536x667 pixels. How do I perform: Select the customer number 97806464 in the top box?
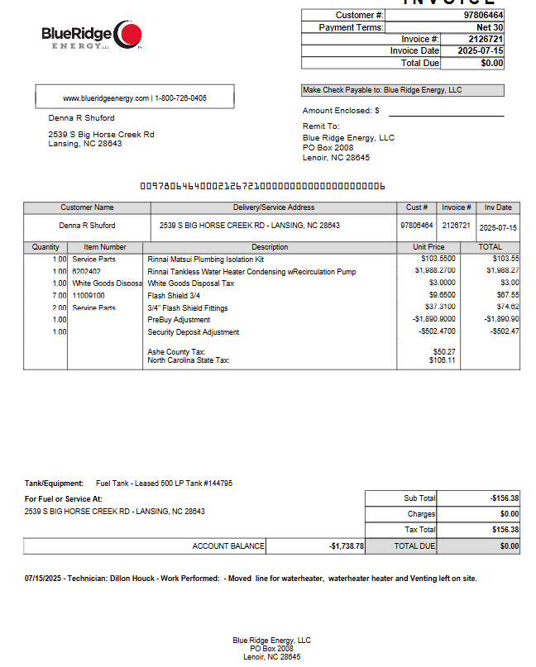point(483,15)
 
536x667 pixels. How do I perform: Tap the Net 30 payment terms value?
point(489,27)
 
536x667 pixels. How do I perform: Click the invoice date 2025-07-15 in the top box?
point(481,51)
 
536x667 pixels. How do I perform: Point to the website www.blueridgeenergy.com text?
point(106,98)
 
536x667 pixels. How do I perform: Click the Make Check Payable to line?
point(382,90)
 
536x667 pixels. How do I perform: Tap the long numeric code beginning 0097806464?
point(262,186)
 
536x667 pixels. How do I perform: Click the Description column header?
point(270,247)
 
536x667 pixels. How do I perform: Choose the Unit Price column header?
point(428,247)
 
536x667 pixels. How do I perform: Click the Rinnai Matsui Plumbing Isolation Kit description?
point(205,260)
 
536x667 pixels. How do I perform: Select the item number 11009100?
point(89,295)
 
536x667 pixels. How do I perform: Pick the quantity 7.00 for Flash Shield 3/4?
point(59,295)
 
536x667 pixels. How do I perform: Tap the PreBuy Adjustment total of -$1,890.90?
point(501,319)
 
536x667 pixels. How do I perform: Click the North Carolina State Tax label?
point(189,360)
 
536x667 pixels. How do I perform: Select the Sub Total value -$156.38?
point(504,498)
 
